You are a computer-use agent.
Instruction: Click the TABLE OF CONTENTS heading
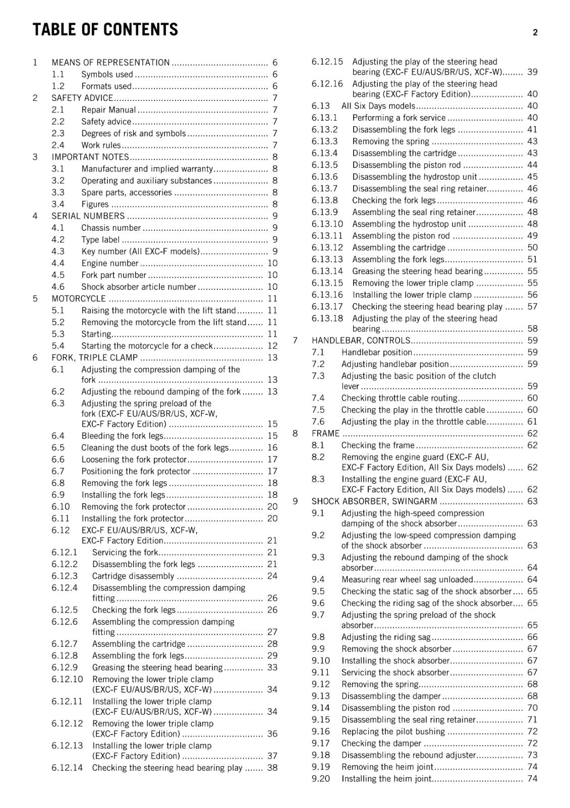[x=105, y=30]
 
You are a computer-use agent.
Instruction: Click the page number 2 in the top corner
[x=535, y=32]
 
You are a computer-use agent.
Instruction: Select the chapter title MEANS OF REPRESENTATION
[x=110, y=63]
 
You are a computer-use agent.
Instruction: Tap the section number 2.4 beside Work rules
[x=58, y=145]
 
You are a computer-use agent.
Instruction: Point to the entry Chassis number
[x=111, y=228]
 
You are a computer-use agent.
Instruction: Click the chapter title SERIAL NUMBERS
[x=88, y=216]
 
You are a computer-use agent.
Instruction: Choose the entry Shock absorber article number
[x=139, y=287]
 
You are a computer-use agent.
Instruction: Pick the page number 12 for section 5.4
[x=272, y=346]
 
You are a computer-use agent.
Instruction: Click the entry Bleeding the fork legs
[x=123, y=436]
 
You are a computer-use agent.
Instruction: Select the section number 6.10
[x=61, y=507]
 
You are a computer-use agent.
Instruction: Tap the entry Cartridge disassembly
[x=133, y=576]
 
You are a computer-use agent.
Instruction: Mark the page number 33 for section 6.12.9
[x=272, y=668]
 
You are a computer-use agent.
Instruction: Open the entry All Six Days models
[x=378, y=106]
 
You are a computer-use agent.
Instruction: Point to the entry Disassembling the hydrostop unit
[x=415, y=177]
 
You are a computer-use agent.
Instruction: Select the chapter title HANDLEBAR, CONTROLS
[x=361, y=340]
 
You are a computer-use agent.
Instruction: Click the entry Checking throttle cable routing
[x=399, y=398]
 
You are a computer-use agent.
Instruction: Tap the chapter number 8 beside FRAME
[x=295, y=433]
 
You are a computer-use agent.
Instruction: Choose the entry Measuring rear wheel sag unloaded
[x=407, y=580]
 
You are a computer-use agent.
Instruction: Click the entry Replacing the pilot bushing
[x=393, y=732]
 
